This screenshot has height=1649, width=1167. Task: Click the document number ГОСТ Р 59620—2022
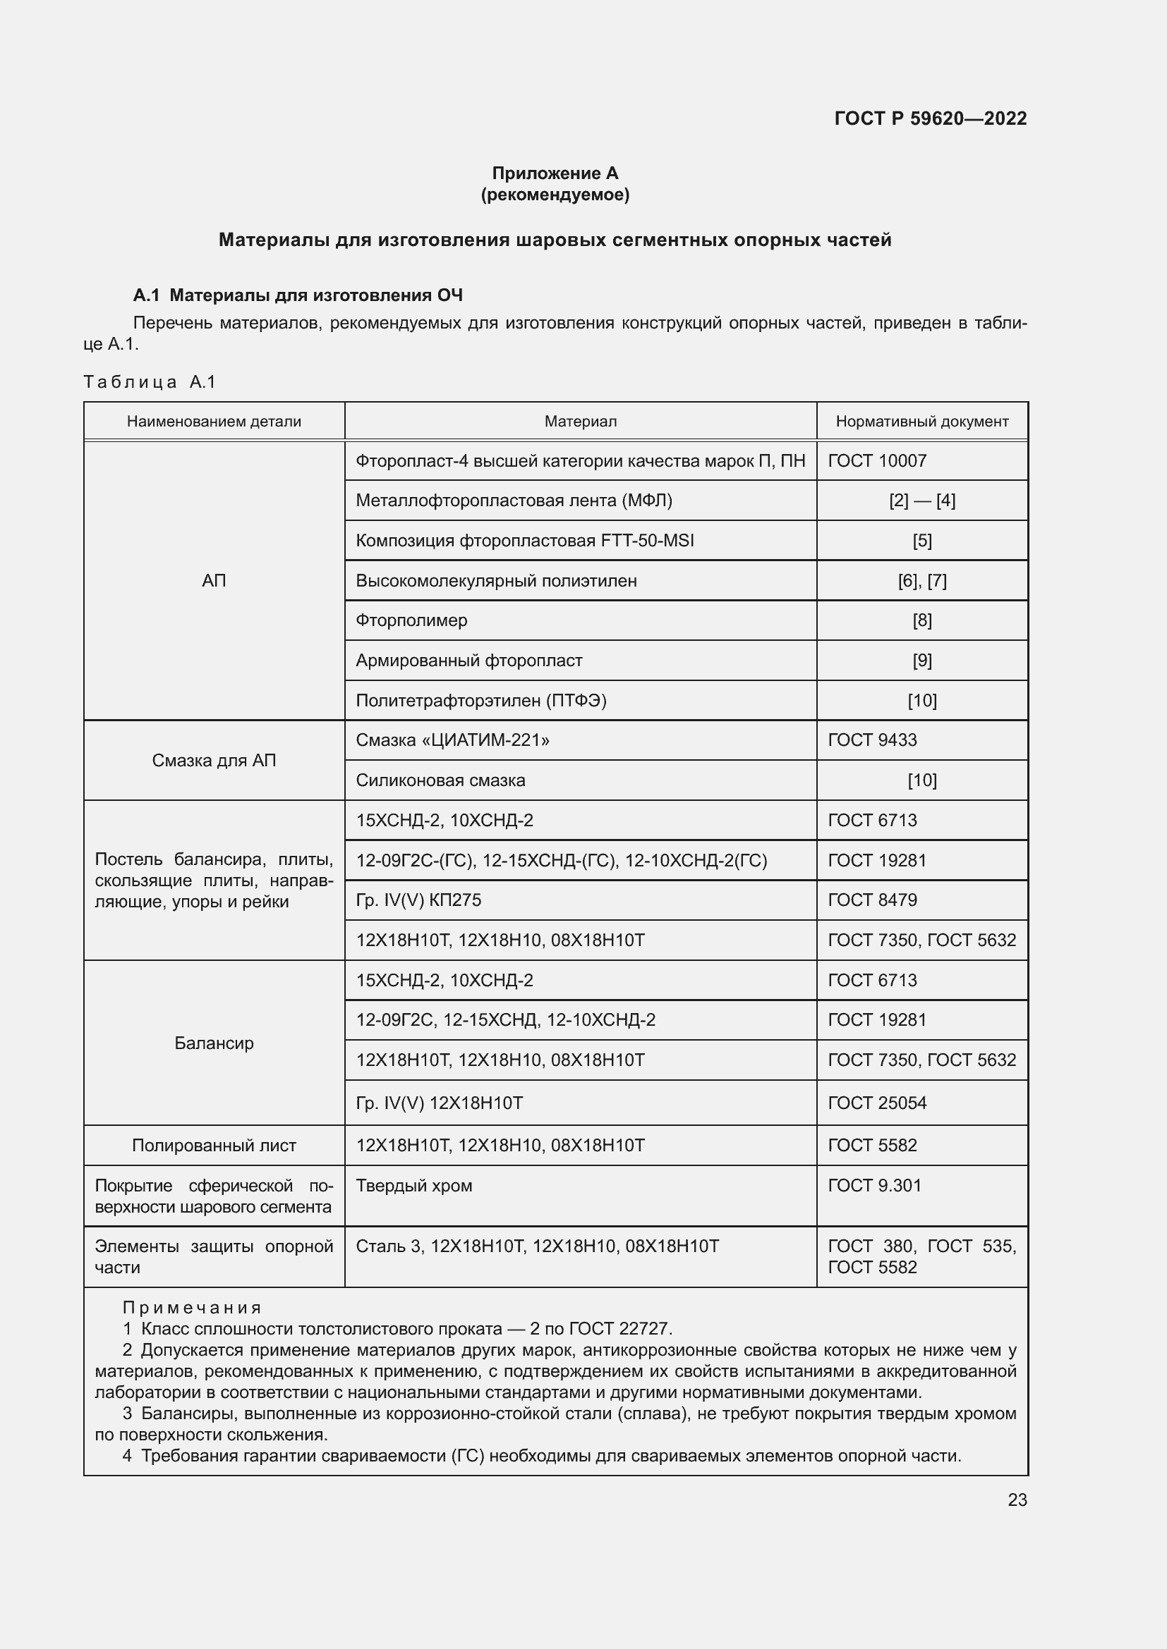point(930,118)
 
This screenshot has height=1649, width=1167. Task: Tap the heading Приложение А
point(555,173)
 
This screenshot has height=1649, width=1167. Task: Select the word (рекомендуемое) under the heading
point(555,195)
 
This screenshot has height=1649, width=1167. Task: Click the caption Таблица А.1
point(150,381)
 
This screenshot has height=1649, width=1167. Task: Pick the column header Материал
point(580,422)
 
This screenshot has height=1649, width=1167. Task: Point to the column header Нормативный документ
point(921,422)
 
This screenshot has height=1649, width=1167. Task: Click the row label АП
point(214,580)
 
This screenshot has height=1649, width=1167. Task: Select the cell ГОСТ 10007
point(877,460)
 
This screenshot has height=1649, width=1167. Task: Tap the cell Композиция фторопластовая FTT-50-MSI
point(524,540)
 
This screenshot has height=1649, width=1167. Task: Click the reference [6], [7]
point(922,580)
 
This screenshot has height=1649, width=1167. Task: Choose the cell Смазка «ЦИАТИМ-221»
point(453,740)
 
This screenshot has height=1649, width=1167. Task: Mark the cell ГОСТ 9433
point(871,740)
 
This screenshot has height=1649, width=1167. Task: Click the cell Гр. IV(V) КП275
point(418,900)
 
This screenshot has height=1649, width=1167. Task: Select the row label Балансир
point(214,1043)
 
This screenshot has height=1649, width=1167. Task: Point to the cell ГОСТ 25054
point(877,1103)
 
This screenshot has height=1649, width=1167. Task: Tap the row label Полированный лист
point(214,1146)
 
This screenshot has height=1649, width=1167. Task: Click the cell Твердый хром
point(414,1186)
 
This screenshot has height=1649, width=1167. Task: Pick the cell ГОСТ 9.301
point(873,1186)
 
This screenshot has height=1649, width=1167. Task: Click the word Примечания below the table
point(192,1307)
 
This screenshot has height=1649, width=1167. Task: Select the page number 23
point(1017,1500)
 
